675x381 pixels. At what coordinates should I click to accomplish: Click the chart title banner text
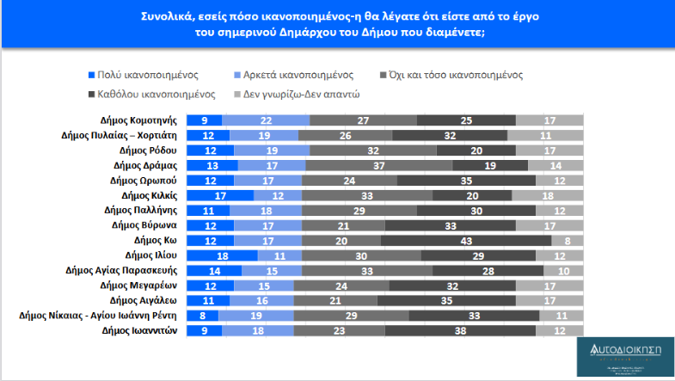click(x=336, y=24)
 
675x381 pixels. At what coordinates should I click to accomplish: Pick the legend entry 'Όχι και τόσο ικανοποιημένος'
click(x=457, y=75)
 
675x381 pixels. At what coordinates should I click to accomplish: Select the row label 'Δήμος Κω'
click(x=158, y=240)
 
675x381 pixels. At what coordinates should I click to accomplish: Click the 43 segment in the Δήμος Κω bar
click(x=462, y=240)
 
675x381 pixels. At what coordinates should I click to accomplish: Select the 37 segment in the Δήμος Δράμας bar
click(x=379, y=165)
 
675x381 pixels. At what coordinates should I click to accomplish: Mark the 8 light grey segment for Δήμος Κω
click(x=567, y=240)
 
